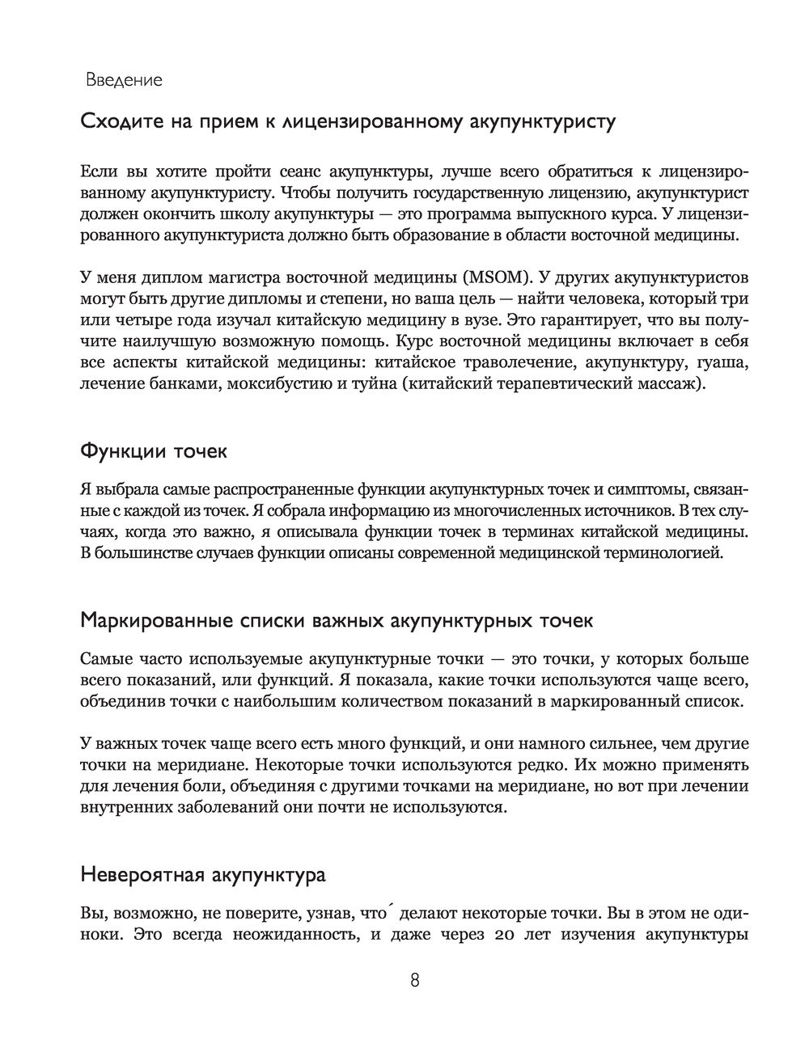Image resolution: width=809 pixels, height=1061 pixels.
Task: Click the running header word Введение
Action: click(x=124, y=80)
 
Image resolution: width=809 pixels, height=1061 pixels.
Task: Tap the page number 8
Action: click(x=414, y=981)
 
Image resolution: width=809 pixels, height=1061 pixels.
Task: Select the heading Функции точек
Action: click(x=154, y=451)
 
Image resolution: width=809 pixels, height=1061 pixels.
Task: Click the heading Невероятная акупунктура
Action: click(x=203, y=876)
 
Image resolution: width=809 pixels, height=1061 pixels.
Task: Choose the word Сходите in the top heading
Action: click(x=120, y=123)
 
